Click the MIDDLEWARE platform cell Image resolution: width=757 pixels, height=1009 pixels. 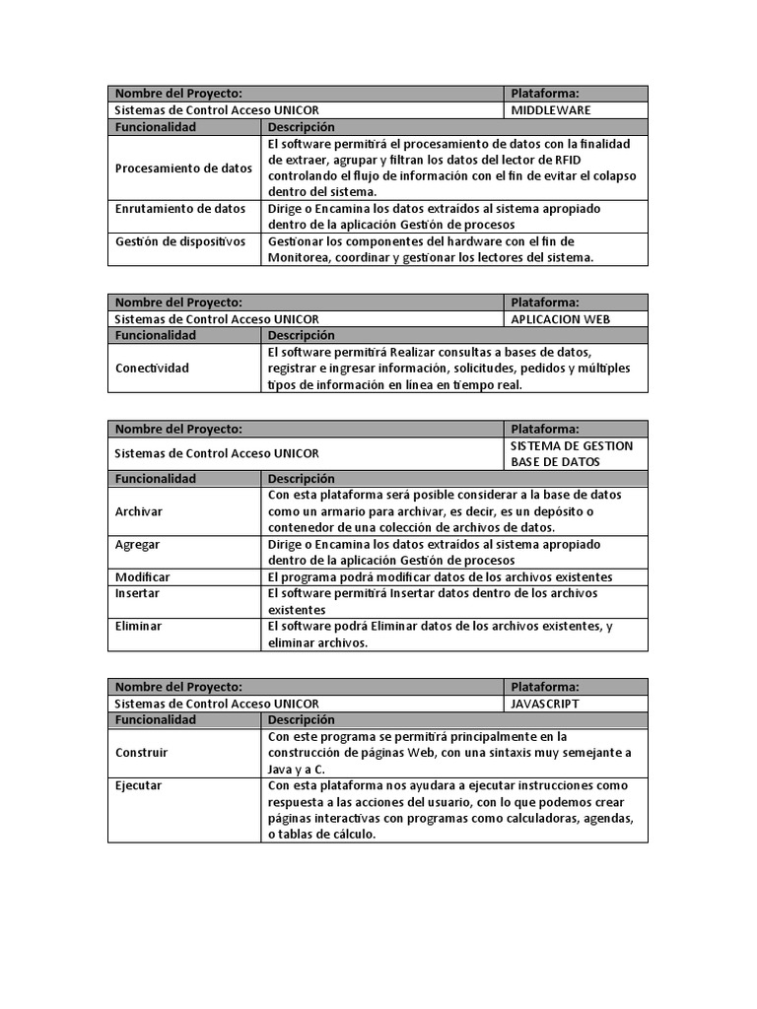click(x=551, y=110)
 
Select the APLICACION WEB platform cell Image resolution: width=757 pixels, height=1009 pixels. click(x=560, y=319)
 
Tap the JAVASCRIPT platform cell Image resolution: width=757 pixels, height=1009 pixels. click(x=545, y=704)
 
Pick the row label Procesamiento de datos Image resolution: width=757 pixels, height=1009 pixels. click(x=183, y=168)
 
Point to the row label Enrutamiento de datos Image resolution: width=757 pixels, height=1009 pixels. click(x=180, y=209)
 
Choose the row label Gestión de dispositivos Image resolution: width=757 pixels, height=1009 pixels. click(x=180, y=241)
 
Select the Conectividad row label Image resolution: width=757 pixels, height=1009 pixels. click(x=152, y=368)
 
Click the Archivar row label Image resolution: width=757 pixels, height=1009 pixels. click(x=139, y=511)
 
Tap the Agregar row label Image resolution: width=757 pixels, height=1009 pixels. click(x=138, y=544)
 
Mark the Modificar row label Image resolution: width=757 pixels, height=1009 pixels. click(x=143, y=576)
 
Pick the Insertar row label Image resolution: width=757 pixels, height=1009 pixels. click(x=138, y=593)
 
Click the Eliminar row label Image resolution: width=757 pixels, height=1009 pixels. click(x=139, y=626)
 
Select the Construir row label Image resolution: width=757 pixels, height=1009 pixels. click(x=142, y=752)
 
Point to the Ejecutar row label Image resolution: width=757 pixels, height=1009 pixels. click(x=139, y=785)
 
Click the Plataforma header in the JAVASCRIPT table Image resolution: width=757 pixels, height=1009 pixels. click(x=545, y=687)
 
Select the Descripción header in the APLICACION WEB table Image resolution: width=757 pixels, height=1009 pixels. click(x=302, y=335)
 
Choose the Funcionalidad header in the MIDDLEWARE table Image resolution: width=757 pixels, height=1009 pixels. click(x=156, y=127)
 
